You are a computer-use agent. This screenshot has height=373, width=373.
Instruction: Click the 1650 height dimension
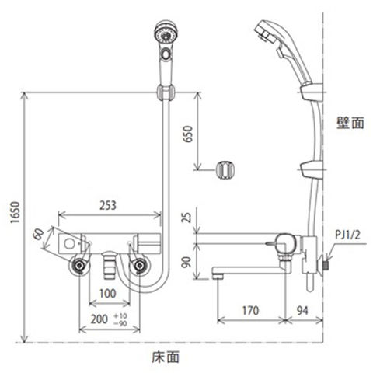(x=15, y=212)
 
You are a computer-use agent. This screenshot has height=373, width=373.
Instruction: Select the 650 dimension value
(x=188, y=134)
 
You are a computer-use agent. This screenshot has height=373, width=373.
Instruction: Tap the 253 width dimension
(x=108, y=205)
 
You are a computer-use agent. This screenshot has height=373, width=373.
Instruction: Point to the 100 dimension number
(x=108, y=294)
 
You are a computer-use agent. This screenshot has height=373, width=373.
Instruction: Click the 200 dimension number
(x=99, y=319)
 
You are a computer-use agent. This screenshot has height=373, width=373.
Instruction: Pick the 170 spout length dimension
(x=250, y=311)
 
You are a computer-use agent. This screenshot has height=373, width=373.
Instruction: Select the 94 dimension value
(x=302, y=311)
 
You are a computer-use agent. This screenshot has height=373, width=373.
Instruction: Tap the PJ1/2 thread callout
(x=347, y=235)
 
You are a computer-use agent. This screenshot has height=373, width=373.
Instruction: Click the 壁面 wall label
(x=350, y=123)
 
